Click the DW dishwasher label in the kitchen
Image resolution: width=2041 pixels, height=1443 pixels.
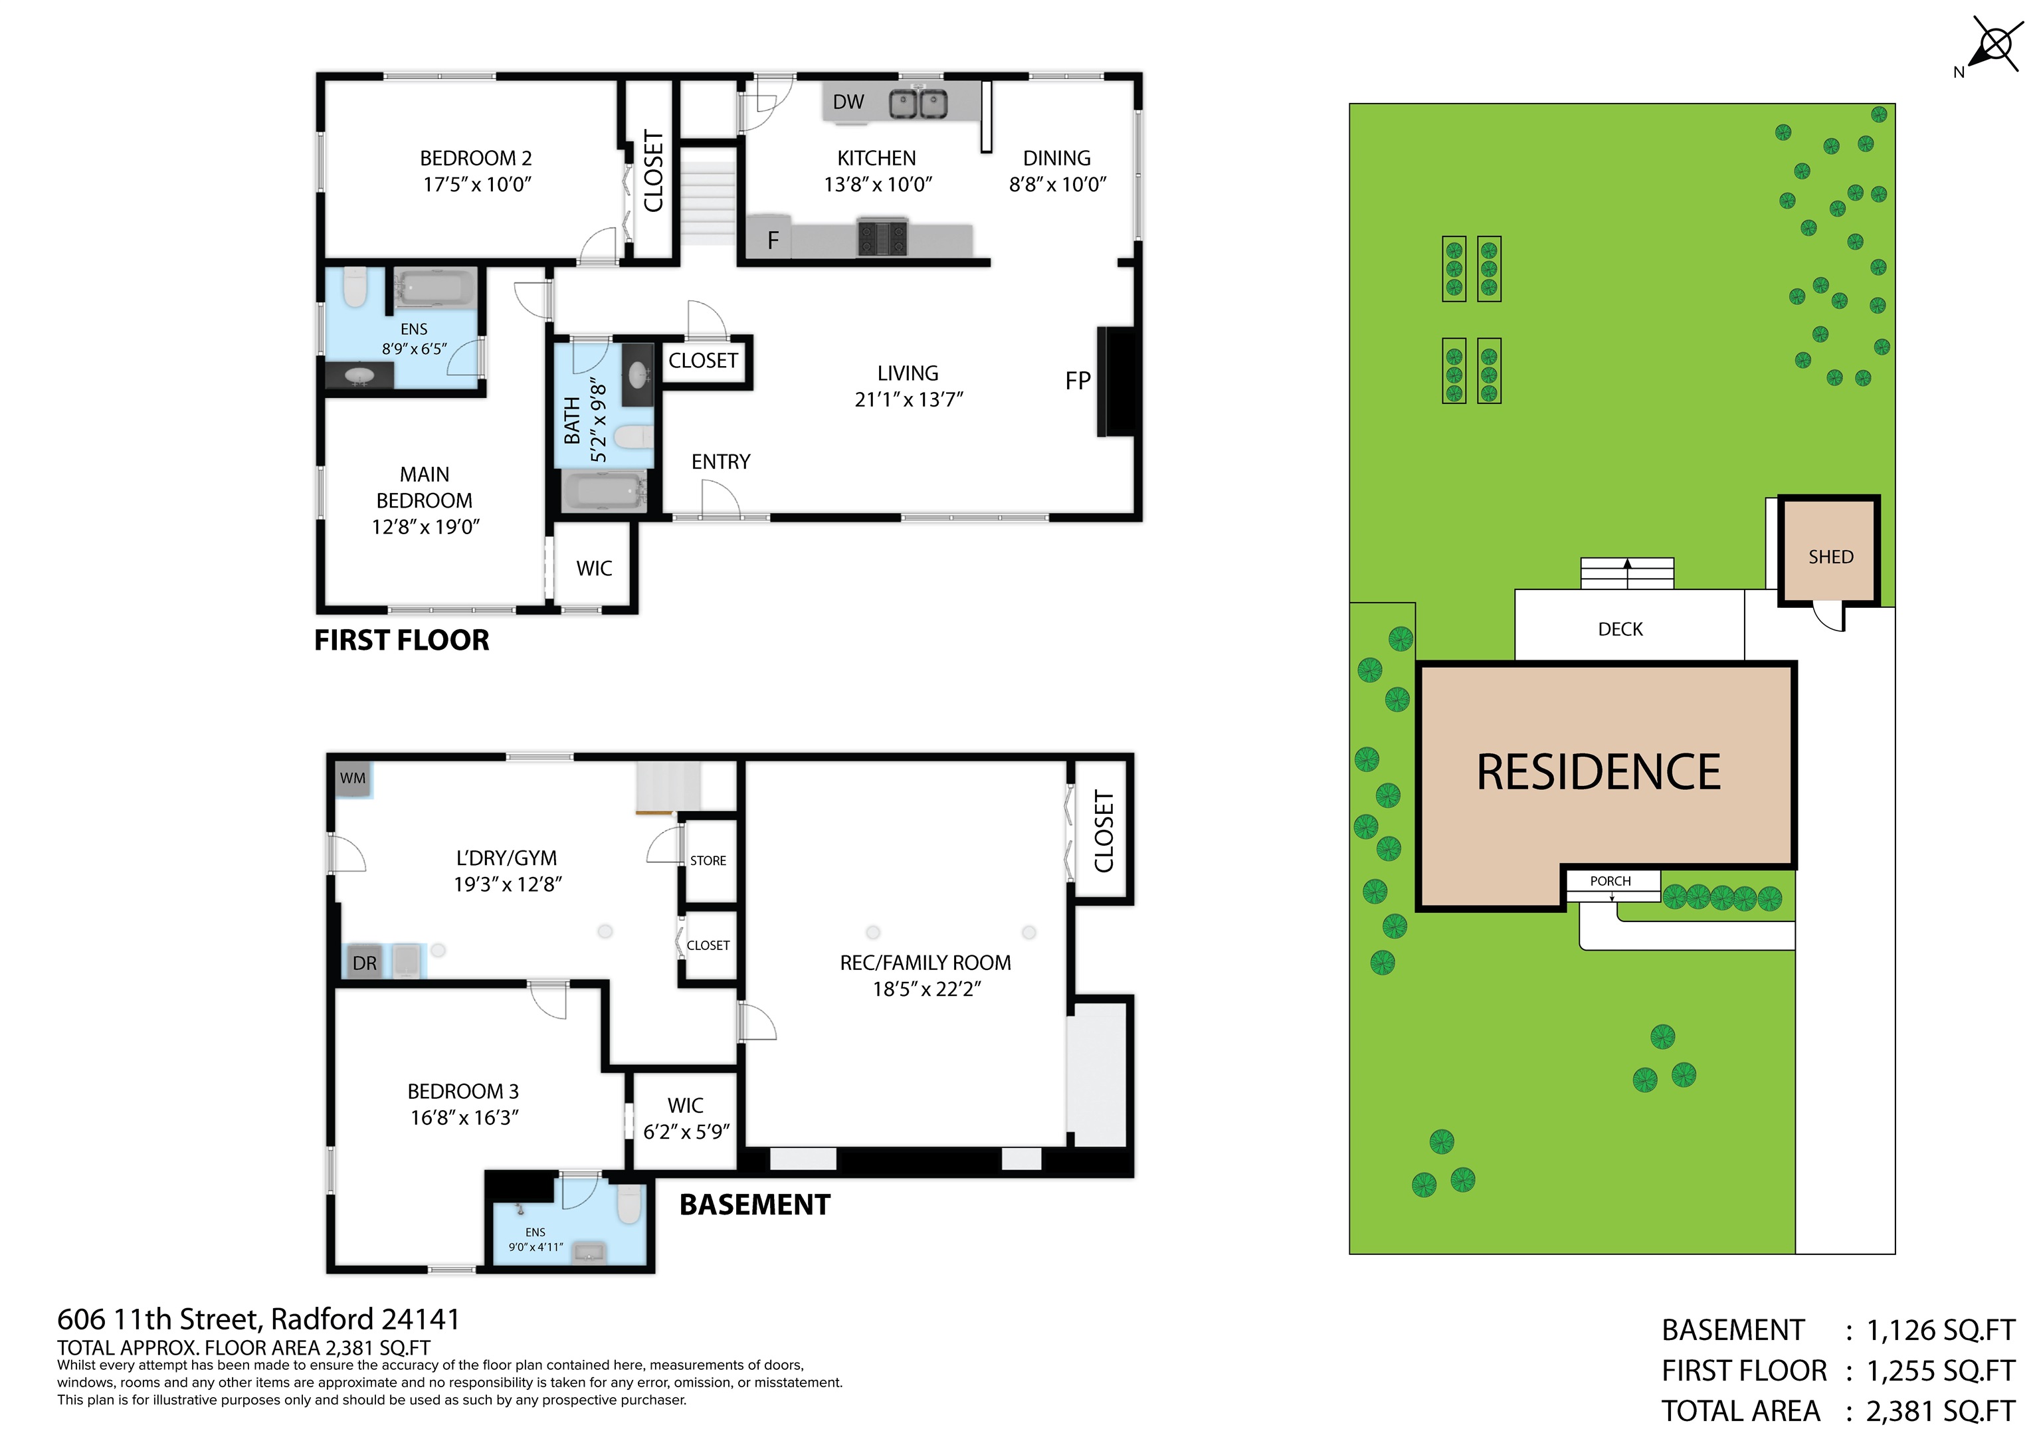(x=848, y=102)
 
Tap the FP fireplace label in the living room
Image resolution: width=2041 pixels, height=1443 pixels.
(x=1078, y=381)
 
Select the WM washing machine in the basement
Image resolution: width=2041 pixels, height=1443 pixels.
(x=352, y=778)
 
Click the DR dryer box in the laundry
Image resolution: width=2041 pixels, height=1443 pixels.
(x=365, y=963)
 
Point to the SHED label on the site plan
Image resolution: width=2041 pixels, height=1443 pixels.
(x=1830, y=557)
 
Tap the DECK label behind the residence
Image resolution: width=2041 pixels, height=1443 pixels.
(x=1620, y=629)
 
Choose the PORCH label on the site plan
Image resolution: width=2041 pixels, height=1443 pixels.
(x=1610, y=881)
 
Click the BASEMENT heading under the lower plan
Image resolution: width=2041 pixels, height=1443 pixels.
(x=755, y=1204)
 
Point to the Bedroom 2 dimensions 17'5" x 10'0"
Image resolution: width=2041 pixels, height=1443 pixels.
(x=476, y=185)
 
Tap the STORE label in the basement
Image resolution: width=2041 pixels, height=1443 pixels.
(x=708, y=860)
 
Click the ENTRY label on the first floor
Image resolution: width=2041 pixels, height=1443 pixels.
(x=721, y=462)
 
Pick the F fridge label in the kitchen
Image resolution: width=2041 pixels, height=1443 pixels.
(x=773, y=240)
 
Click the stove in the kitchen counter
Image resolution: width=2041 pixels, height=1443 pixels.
(x=882, y=237)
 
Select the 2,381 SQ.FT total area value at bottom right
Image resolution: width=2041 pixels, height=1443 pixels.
(x=1941, y=1411)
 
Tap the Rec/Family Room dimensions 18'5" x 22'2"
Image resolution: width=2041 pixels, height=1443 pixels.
(x=926, y=989)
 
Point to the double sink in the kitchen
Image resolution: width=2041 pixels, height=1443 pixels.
(x=918, y=103)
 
